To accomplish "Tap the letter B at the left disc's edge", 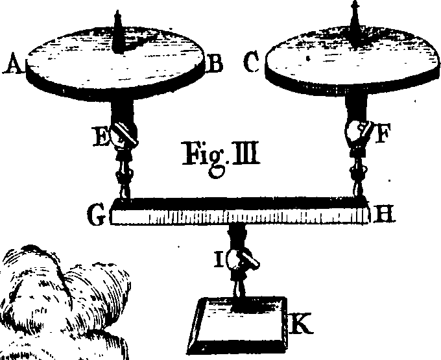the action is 214,63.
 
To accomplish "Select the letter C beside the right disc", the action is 252,62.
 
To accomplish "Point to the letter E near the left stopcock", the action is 102,136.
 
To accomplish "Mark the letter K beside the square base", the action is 300,324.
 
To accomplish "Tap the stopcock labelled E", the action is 125,135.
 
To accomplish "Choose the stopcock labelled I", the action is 241,260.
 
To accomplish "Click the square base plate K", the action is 238,326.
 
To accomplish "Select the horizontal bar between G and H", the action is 239,211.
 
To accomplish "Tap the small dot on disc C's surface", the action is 308,59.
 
